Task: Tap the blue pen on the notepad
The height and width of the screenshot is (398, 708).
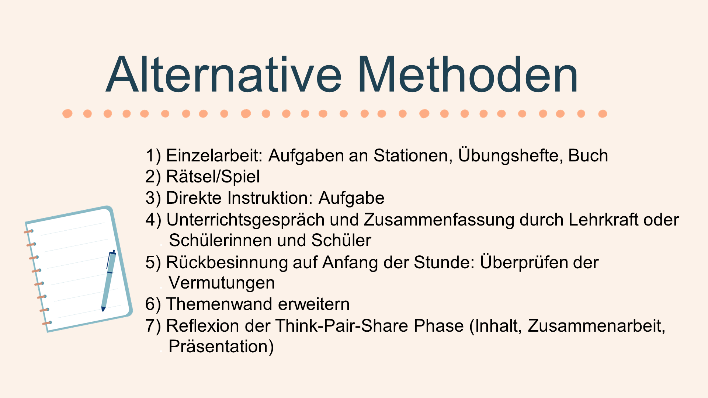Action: (x=109, y=281)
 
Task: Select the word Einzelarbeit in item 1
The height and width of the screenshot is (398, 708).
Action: (x=214, y=156)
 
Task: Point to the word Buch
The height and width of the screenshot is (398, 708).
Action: (x=588, y=156)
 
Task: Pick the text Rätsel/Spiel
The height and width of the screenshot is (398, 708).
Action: (x=213, y=177)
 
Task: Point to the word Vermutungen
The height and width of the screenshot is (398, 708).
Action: (x=222, y=283)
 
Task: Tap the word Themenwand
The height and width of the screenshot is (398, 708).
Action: (x=220, y=304)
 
